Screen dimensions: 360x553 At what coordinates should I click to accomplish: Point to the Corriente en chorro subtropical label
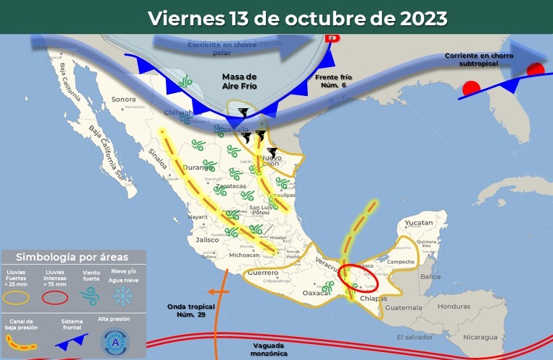(x=477, y=60)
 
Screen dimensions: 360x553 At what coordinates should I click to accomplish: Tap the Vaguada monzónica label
(x=270, y=349)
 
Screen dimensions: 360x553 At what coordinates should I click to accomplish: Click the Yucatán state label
(x=418, y=223)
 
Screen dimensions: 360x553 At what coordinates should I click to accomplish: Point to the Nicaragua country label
(x=479, y=337)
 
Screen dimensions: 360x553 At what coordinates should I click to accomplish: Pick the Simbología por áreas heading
(x=73, y=257)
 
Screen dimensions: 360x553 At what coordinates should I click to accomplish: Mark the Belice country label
(x=430, y=277)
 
